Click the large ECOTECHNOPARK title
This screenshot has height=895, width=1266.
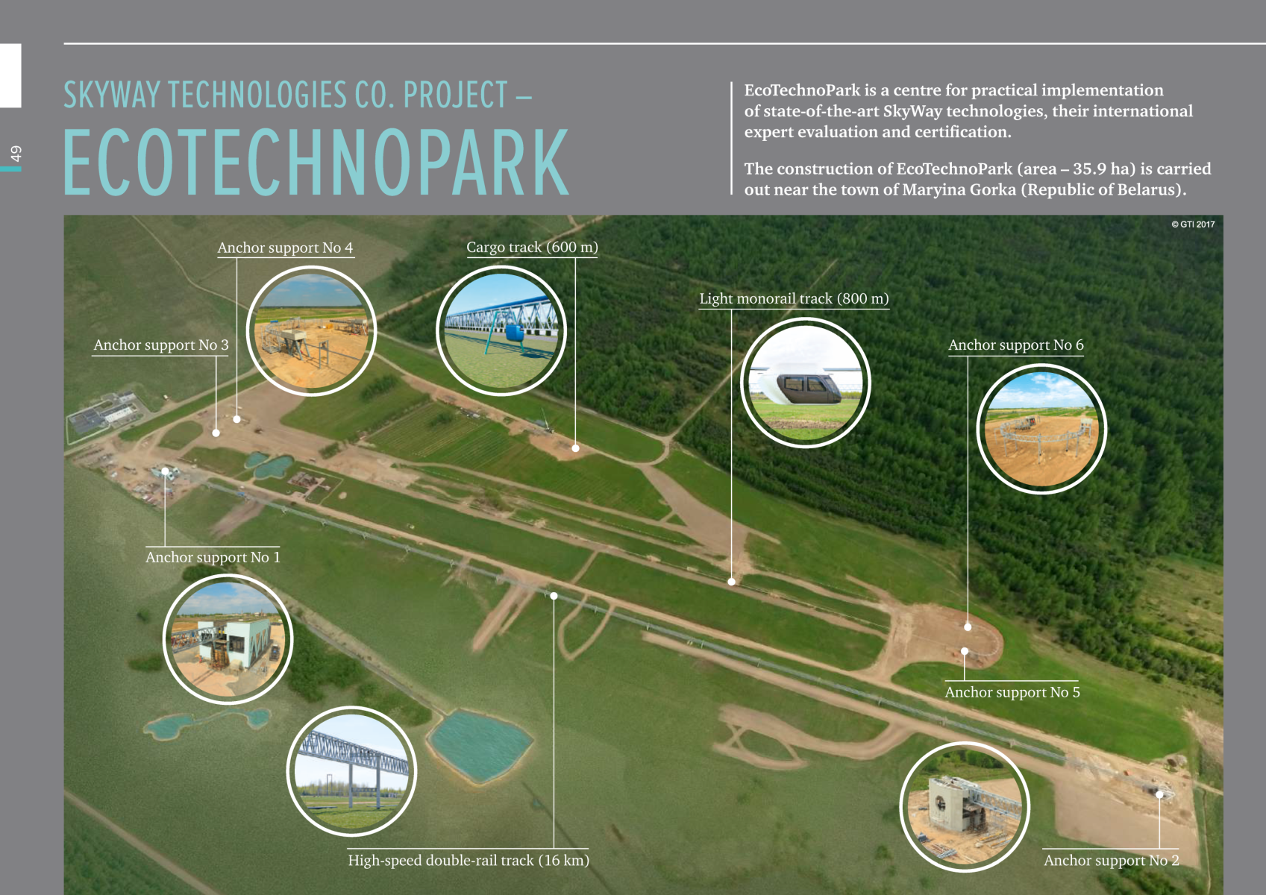(x=316, y=162)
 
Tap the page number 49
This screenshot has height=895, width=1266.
(x=16, y=154)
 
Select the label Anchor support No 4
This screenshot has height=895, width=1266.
(x=285, y=248)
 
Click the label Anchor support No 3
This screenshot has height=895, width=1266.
(x=161, y=345)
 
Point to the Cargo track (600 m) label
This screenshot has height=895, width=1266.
(x=532, y=247)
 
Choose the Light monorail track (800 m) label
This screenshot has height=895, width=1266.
(x=794, y=298)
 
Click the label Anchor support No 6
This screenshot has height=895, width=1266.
(x=1015, y=345)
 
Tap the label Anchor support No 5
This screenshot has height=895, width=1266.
(x=1012, y=692)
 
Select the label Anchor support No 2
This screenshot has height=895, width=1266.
(x=1111, y=860)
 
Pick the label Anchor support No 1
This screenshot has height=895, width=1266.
(x=213, y=557)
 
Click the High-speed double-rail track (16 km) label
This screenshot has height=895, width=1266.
(x=469, y=860)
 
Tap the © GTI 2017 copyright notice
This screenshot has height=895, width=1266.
(x=1193, y=224)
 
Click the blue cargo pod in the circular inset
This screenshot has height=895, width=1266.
(x=516, y=332)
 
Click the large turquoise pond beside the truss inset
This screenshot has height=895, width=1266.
(x=479, y=746)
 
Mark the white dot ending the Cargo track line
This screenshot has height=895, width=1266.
(x=575, y=448)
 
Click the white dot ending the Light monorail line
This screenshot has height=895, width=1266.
(x=731, y=582)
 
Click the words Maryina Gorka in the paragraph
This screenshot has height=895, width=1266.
(x=959, y=189)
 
